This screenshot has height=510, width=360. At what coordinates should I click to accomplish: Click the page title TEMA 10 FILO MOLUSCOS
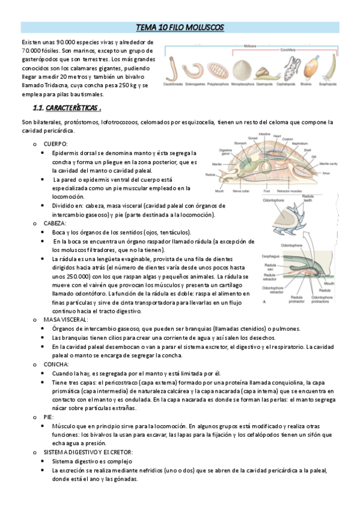pos(180,28)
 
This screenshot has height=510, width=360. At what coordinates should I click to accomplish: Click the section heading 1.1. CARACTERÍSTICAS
pos(66,108)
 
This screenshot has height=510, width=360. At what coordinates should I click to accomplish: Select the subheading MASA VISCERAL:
pos(68,319)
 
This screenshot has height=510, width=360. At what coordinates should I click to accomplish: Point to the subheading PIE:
pos(49,416)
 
